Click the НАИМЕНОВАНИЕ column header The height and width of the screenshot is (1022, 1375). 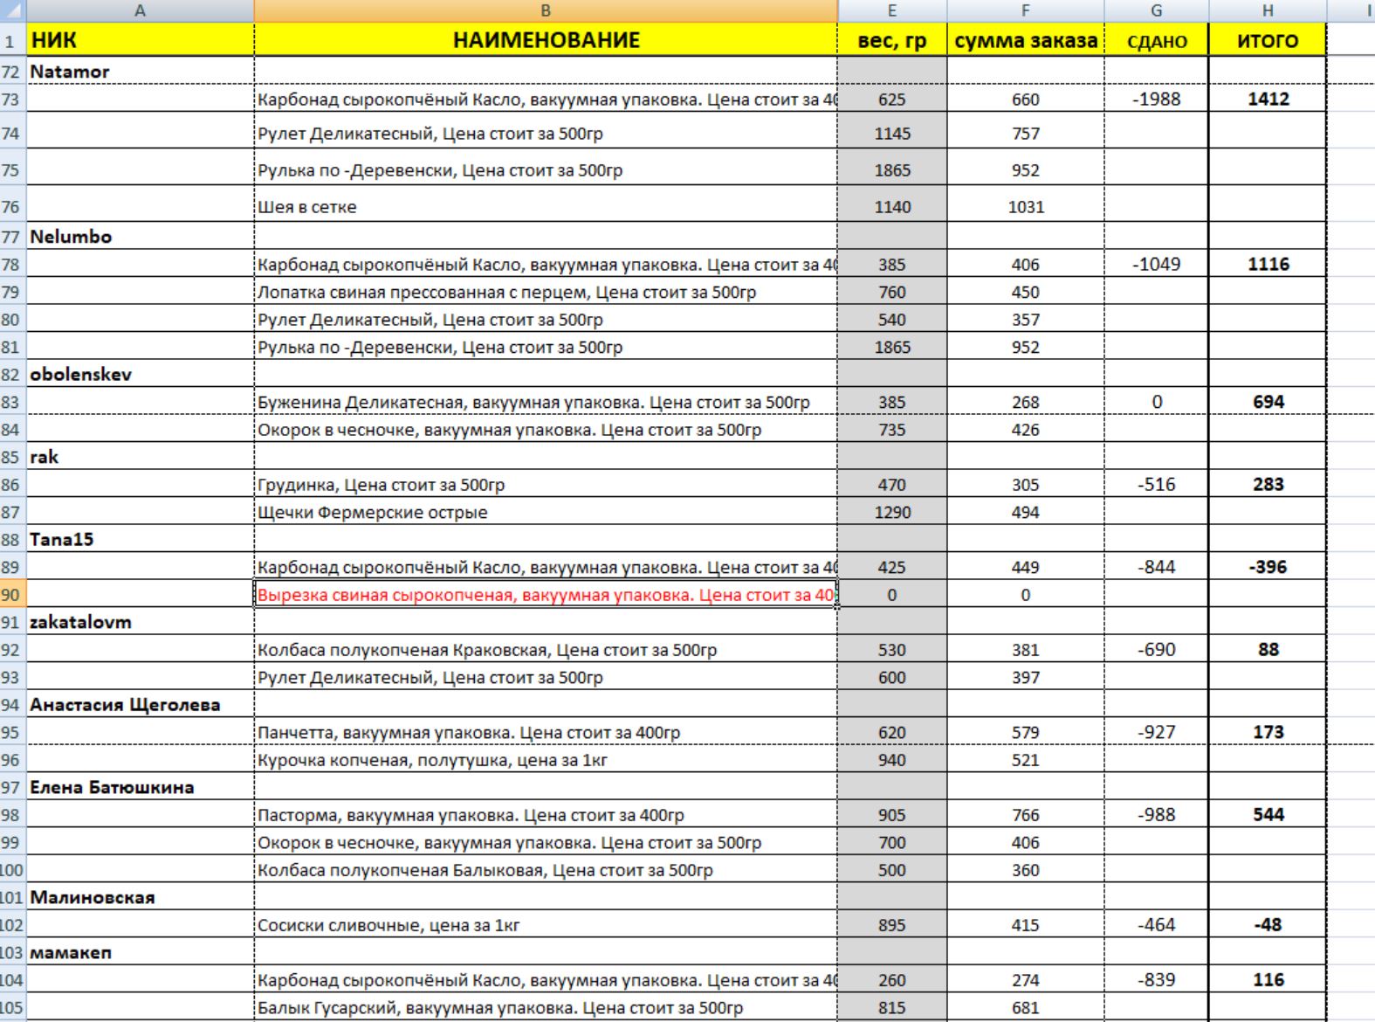[x=546, y=40]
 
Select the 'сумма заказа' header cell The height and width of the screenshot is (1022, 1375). [x=1025, y=40]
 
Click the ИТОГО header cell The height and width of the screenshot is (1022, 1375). [x=1267, y=40]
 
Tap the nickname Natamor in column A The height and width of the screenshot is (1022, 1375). [x=70, y=72]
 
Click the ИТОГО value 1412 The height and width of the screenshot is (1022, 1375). [x=1268, y=99]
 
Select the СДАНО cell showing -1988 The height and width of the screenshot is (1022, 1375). [x=1156, y=99]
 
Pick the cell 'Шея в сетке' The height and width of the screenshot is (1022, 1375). [x=307, y=207]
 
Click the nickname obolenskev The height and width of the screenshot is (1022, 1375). [x=80, y=374]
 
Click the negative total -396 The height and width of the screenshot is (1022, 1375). [x=1268, y=567]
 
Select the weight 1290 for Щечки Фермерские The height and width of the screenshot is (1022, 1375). [x=891, y=512]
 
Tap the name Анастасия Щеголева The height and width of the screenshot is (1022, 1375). [x=125, y=704]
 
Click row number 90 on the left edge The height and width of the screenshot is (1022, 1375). [x=10, y=595]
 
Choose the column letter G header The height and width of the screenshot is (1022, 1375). [x=1156, y=10]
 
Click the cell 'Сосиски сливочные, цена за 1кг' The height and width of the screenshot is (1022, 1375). [x=388, y=925]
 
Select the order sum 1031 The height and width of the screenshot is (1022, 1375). [x=1025, y=207]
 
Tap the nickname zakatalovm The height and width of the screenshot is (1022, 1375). [x=80, y=622]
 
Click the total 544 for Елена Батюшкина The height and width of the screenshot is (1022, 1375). [x=1268, y=814]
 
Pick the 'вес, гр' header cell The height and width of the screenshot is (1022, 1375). [x=891, y=40]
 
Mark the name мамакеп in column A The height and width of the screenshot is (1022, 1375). [x=71, y=952]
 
